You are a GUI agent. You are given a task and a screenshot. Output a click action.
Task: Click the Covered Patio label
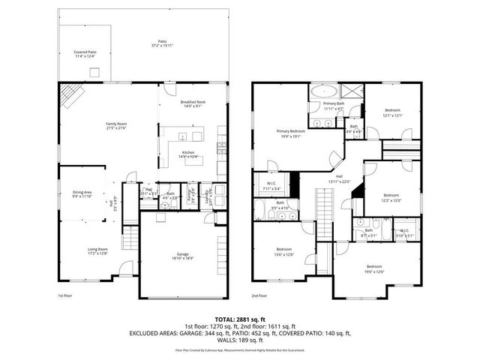pos(85,52)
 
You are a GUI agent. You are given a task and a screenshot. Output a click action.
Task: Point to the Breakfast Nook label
pos(193,102)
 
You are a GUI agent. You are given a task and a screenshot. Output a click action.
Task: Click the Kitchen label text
pos(188,152)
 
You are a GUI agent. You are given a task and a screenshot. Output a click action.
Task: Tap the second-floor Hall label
pos(340,177)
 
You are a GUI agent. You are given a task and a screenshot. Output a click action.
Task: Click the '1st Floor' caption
pos(64,295)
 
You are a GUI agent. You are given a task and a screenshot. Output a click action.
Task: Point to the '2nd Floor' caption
pos(259,295)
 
